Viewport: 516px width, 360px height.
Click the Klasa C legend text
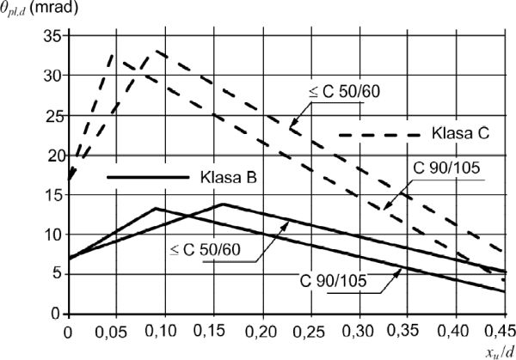coord(460,134)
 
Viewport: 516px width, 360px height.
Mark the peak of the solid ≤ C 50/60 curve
coord(222,204)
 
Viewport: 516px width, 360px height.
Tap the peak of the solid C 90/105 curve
coord(157,208)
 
